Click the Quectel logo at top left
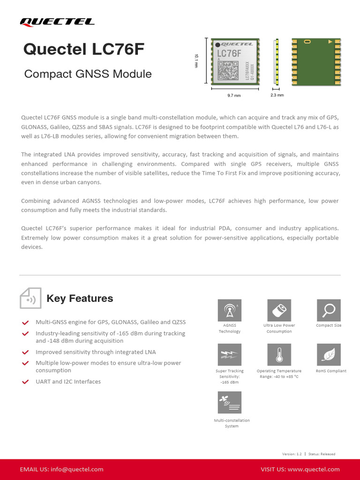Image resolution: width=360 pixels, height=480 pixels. [57, 22]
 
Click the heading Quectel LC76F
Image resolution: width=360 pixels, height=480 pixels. [81, 50]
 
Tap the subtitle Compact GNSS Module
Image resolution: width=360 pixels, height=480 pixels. [88, 74]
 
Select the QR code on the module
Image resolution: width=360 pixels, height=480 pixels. [228, 70]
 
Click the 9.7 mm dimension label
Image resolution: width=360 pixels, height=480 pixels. [233, 96]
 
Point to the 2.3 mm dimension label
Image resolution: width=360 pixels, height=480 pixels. [277, 95]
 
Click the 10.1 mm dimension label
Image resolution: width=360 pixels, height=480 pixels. [197, 61]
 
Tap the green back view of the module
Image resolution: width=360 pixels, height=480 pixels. [317, 62]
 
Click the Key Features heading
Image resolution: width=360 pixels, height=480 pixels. [80, 299]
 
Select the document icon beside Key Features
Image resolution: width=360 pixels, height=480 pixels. [30, 298]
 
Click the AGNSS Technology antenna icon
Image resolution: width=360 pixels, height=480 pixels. [230, 310]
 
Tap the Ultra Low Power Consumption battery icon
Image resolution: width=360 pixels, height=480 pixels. [279, 310]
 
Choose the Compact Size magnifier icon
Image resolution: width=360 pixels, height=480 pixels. [329, 310]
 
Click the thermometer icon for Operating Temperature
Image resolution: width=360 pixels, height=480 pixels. [279, 355]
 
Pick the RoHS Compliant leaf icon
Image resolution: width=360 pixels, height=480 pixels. [329, 355]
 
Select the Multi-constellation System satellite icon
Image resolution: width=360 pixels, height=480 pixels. [230, 403]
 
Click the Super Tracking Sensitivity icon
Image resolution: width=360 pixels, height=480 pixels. [230, 355]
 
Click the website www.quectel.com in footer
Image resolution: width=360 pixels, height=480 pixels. [314, 469]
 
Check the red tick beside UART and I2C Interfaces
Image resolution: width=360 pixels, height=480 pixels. [26, 382]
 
